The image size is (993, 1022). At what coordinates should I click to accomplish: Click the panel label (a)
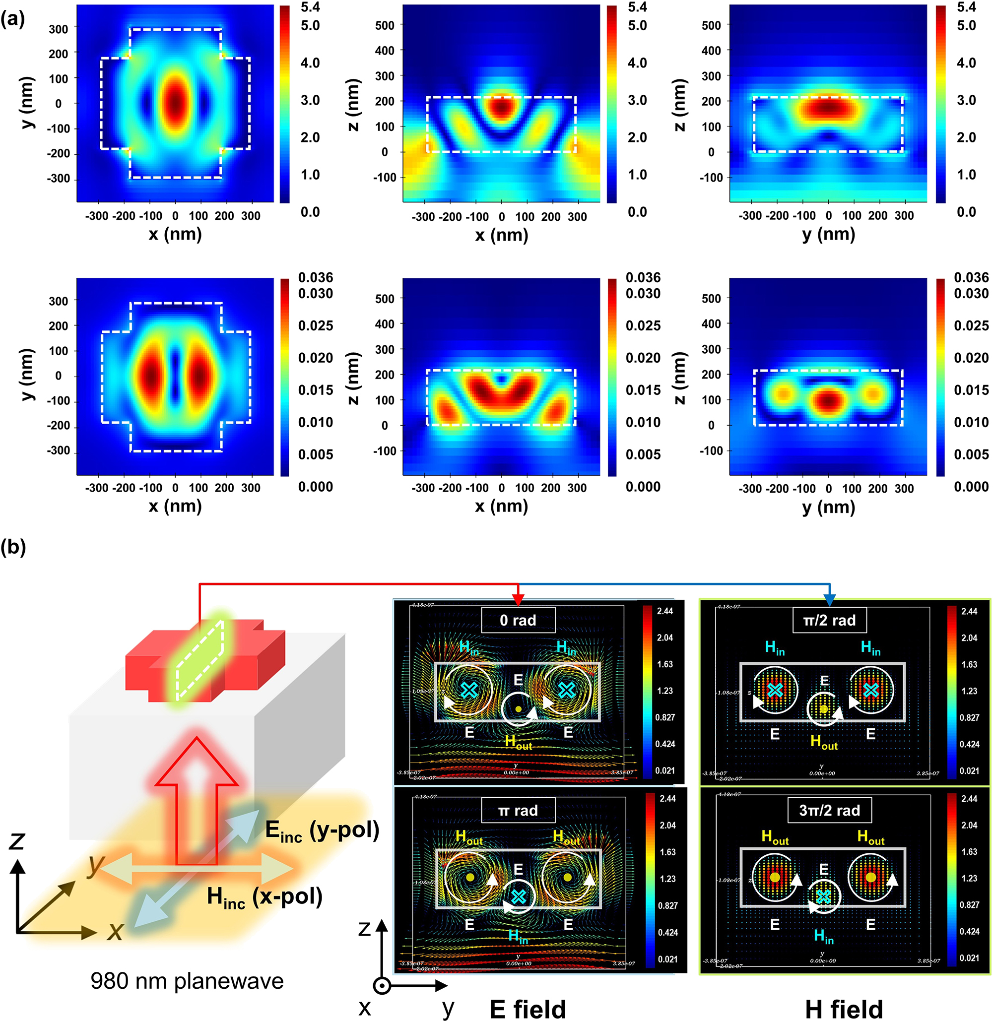[12, 19]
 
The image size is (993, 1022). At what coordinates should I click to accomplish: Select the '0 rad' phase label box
[518, 620]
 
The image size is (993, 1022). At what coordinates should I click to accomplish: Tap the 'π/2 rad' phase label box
[829, 620]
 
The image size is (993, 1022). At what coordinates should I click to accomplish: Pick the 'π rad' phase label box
[518, 810]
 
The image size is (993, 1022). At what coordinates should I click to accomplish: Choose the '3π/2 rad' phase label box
[829, 810]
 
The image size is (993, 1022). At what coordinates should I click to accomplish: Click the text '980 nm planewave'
[187, 981]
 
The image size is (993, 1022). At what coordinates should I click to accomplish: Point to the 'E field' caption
[528, 1009]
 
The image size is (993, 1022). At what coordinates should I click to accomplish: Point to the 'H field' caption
[843, 1009]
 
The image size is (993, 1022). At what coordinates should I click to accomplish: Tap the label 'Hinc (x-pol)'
[265, 897]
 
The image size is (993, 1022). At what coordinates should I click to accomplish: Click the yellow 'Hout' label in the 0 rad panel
[518, 743]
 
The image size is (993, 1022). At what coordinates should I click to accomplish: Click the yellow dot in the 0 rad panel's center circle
[518, 709]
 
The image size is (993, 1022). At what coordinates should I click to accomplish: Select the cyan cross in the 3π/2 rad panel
[823, 897]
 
